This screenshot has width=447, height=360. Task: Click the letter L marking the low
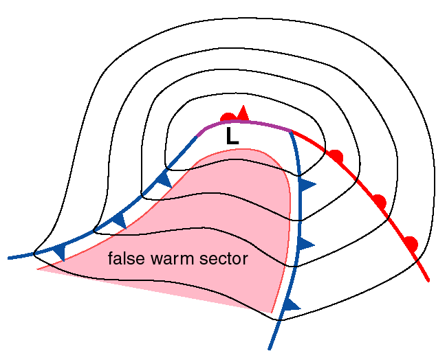click(x=232, y=137)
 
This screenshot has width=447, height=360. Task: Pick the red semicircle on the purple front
click(x=228, y=117)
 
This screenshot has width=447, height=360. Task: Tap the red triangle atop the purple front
click(x=243, y=112)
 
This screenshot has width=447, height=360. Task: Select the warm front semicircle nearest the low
click(x=335, y=155)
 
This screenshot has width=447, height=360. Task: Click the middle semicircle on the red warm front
click(x=378, y=201)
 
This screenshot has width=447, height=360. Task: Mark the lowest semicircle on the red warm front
click(x=411, y=242)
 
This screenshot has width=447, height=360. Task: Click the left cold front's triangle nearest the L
click(x=164, y=180)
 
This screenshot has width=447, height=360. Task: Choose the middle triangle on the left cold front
click(x=119, y=220)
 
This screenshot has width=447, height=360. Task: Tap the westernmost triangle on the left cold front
click(x=59, y=251)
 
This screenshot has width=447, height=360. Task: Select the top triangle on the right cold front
click(x=307, y=184)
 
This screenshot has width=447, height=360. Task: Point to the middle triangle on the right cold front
click(x=307, y=244)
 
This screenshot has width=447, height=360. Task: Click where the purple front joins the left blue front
click(x=198, y=133)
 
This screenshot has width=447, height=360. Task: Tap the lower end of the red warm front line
click(x=430, y=280)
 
